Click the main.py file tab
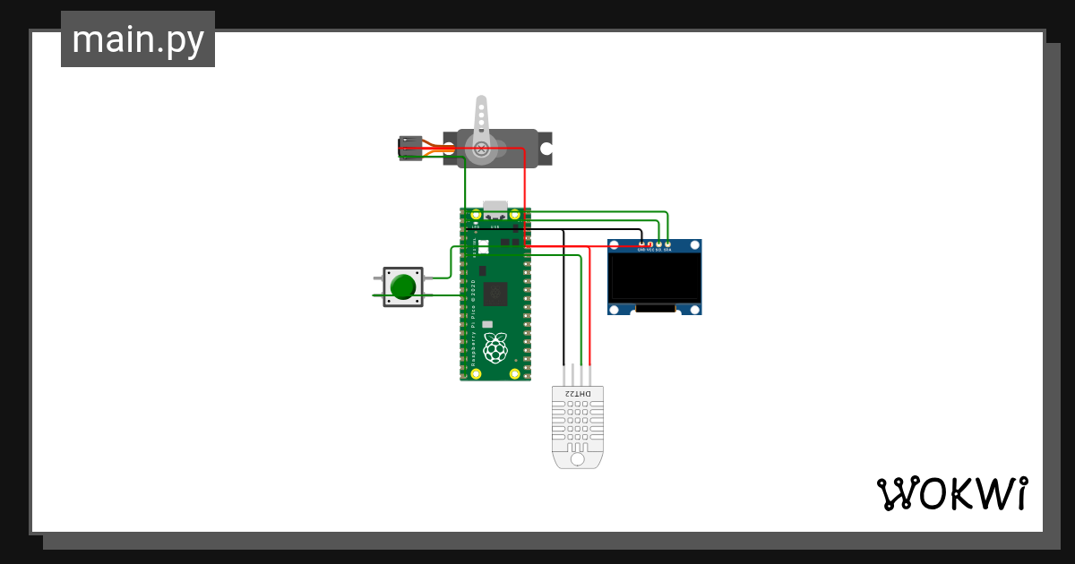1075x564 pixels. pos(137,40)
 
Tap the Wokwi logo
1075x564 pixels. pos(951,493)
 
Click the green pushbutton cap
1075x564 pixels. pos(403,286)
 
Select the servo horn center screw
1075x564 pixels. pos(481,148)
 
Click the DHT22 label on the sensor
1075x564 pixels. pos(579,394)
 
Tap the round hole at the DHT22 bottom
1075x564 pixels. pos(578,458)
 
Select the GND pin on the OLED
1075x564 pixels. pos(641,244)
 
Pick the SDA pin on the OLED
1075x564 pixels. pos(668,244)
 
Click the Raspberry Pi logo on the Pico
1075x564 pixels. pos(494,346)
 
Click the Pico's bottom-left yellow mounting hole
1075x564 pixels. pos(476,373)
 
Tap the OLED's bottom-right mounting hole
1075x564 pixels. pos(693,309)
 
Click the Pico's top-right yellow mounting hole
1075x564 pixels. pos(515,215)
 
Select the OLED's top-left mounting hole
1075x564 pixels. pos(615,244)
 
